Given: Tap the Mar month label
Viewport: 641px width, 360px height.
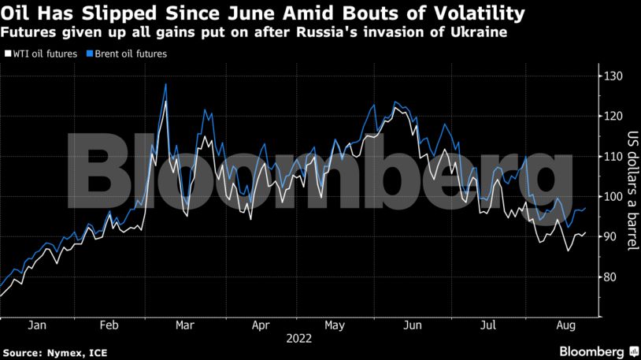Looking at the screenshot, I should click(x=186, y=325).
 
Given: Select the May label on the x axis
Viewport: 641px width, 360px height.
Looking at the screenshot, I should click(x=335, y=325).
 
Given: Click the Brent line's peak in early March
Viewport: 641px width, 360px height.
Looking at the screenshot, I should click(x=165, y=84).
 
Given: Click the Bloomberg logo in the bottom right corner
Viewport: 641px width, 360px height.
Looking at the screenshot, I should click(x=592, y=351).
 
